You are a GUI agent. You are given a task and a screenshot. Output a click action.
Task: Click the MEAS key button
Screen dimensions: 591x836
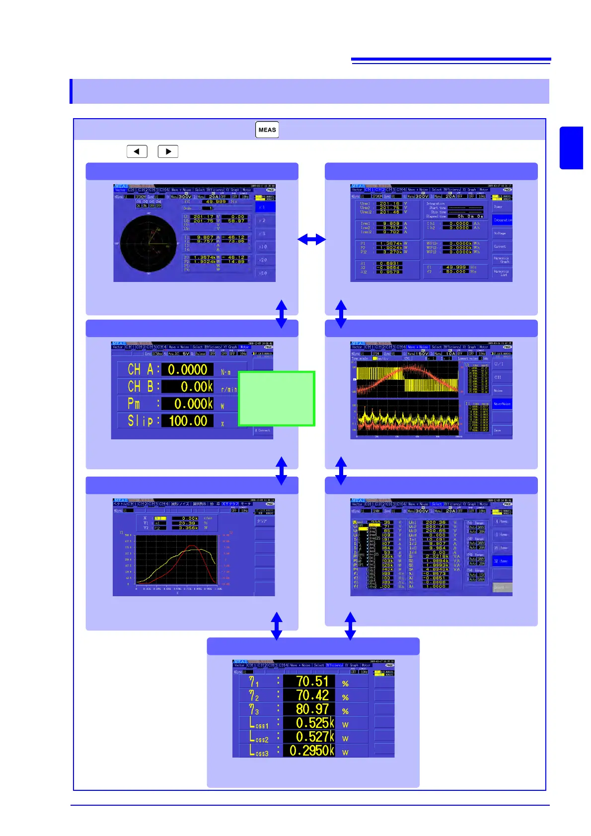tap(267, 130)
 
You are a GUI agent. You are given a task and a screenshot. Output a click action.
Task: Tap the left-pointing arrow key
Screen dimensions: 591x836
tap(137, 151)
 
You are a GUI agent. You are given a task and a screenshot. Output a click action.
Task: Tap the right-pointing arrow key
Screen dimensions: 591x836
tap(168, 151)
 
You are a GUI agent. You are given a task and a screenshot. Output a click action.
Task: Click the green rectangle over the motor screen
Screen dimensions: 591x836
tap(277, 399)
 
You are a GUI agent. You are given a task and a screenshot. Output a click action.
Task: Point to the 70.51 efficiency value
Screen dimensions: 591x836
tap(312, 682)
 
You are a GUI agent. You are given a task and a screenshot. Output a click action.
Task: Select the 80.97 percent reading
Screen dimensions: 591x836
tap(312, 709)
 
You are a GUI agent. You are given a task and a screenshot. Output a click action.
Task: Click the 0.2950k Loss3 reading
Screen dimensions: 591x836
tap(311, 750)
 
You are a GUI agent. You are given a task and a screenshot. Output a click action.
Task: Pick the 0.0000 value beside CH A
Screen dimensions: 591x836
tap(187, 370)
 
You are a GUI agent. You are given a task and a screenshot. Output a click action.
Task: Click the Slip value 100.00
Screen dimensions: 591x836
tap(188, 421)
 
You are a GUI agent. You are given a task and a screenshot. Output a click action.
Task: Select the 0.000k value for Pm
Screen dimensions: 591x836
tap(193, 404)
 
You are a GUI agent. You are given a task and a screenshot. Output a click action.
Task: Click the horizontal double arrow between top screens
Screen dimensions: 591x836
tap(311, 240)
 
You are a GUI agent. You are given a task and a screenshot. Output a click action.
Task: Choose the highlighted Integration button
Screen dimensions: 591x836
tap(502, 220)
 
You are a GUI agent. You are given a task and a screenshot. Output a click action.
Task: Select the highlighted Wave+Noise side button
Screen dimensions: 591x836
tap(502, 404)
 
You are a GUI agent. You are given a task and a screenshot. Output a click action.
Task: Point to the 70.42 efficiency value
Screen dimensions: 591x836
tap(312, 696)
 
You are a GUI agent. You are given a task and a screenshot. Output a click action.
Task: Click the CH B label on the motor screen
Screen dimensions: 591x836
tap(144, 386)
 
